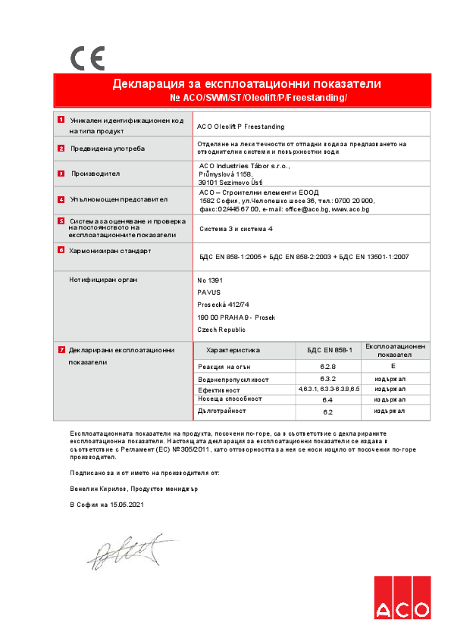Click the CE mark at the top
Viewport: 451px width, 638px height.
[x=87, y=58]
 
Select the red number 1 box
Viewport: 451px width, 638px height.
[x=61, y=120]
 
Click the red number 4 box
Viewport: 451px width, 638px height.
[x=61, y=199]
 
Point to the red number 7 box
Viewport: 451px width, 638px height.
[x=61, y=349]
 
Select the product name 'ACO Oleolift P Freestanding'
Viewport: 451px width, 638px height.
[x=240, y=127]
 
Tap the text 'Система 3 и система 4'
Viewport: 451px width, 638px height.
[x=236, y=228]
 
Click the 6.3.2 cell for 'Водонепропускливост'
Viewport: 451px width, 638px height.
[x=328, y=377]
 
